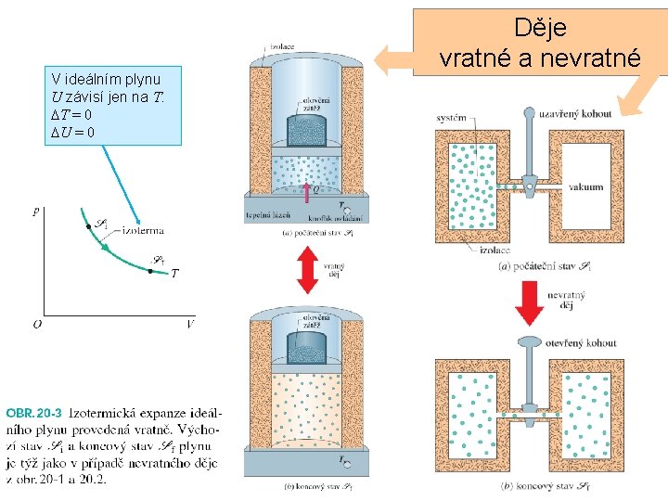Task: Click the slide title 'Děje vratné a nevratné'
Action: [539, 44]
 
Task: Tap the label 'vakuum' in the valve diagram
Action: [585, 186]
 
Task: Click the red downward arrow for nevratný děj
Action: [530, 302]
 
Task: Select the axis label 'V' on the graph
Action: [189, 325]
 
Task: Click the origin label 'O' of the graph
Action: [36, 325]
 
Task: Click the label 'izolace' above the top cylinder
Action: [282, 45]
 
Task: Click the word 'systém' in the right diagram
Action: [452, 117]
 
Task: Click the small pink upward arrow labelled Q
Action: [307, 190]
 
